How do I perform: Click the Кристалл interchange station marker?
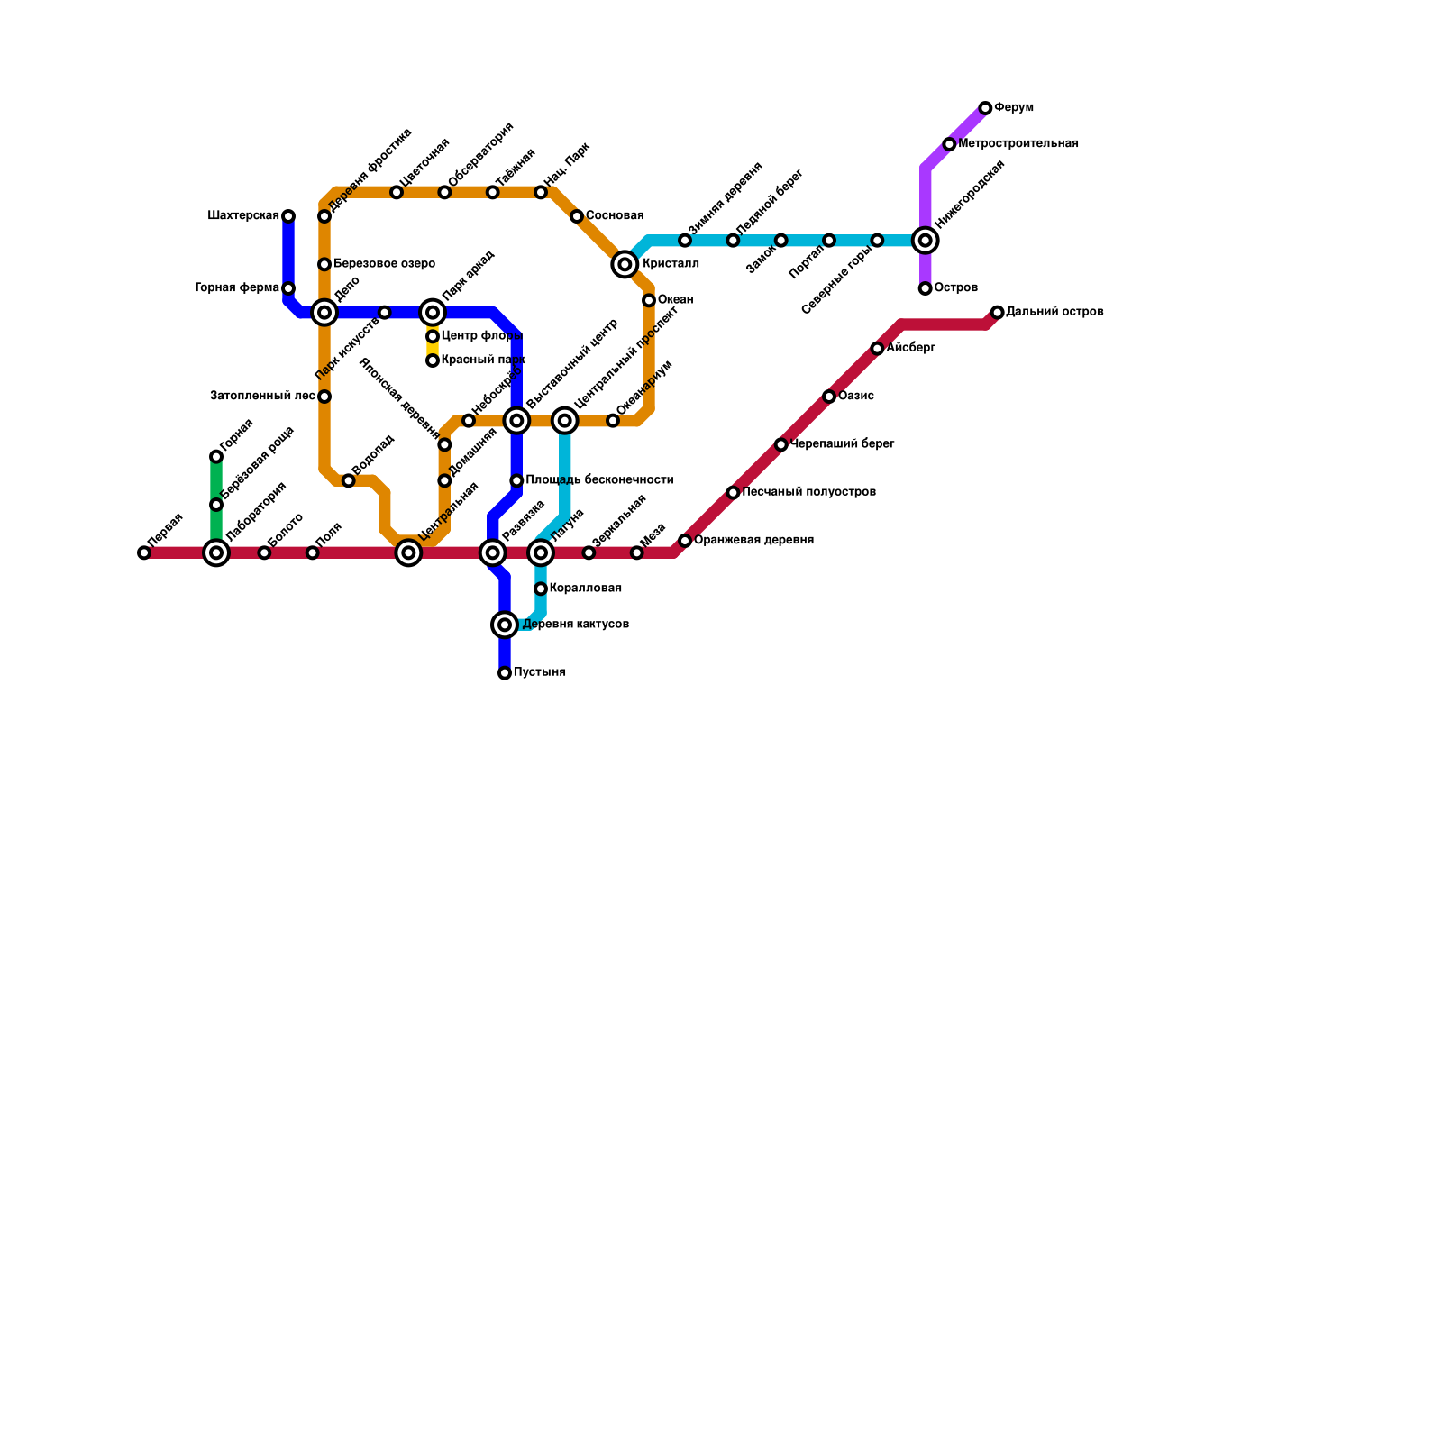pos(625,264)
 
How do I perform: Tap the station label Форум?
pos(1014,108)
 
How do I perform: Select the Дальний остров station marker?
pos(997,313)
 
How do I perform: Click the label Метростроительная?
pos(1018,144)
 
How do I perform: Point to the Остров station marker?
pos(925,288)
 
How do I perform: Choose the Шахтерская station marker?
pos(288,216)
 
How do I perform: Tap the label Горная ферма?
pos(237,288)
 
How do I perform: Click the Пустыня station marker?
pos(505,673)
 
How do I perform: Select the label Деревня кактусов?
pos(576,625)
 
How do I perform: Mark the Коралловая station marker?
pos(541,589)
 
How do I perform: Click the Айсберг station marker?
pos(877,349)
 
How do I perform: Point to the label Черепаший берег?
pos(842,444)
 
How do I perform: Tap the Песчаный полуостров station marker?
pos(733,493)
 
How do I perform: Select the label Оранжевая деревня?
pos(753,541)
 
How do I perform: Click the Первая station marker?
pos(144,553)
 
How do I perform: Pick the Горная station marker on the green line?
pos(216,457)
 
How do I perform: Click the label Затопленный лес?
pos(262,397)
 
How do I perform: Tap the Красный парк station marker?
pos(433,360)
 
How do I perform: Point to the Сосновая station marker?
pos(577,216)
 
